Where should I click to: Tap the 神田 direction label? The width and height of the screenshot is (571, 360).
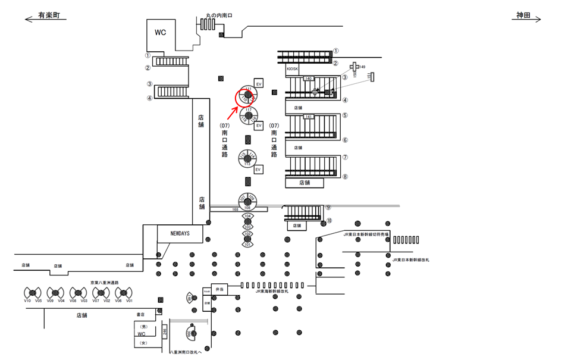coord(523,15)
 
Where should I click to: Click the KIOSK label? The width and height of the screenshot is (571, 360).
coord(292,69)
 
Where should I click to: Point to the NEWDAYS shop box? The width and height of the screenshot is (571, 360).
coord(180,233)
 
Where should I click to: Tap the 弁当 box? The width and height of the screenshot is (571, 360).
coord(219,289)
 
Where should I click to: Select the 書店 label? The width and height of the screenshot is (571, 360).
coord(141,314)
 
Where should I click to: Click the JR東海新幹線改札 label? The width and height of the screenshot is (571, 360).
coord(272,292)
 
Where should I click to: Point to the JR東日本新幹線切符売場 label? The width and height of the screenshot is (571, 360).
coord(366,235)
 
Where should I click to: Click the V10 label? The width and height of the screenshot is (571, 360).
coord(27,301)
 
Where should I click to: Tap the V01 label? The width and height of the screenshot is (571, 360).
coord(129,301)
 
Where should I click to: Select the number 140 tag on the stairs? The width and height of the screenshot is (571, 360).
coord(308,79)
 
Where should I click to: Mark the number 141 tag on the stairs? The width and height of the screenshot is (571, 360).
coord(308,117)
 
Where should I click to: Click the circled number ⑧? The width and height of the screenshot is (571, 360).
coord(345,177)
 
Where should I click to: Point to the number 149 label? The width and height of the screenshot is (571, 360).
coord(362,67)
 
